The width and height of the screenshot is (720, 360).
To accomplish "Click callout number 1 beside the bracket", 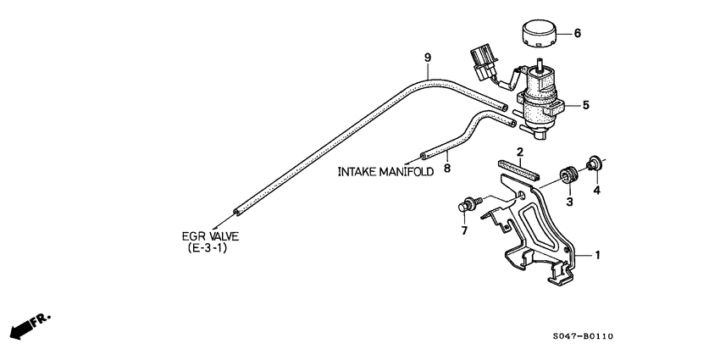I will tap(597, 254).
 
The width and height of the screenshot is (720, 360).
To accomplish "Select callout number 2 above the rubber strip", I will tap(520, 152).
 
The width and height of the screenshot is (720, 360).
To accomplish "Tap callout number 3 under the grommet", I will tap(569, 202).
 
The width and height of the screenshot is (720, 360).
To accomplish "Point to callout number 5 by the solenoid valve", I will tap(584, 105).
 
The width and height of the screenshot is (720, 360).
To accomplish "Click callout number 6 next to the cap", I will tap(578, 34).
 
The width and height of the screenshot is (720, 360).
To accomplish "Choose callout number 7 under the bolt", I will tap(464, 230).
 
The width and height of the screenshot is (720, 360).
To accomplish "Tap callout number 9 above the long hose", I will tap(428, 58).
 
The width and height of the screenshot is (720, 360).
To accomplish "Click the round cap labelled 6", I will tap(537, 36).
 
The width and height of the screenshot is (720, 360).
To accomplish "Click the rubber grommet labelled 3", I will tap(567, 177).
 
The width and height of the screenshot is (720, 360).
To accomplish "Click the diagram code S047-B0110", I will tap(582, 336).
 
